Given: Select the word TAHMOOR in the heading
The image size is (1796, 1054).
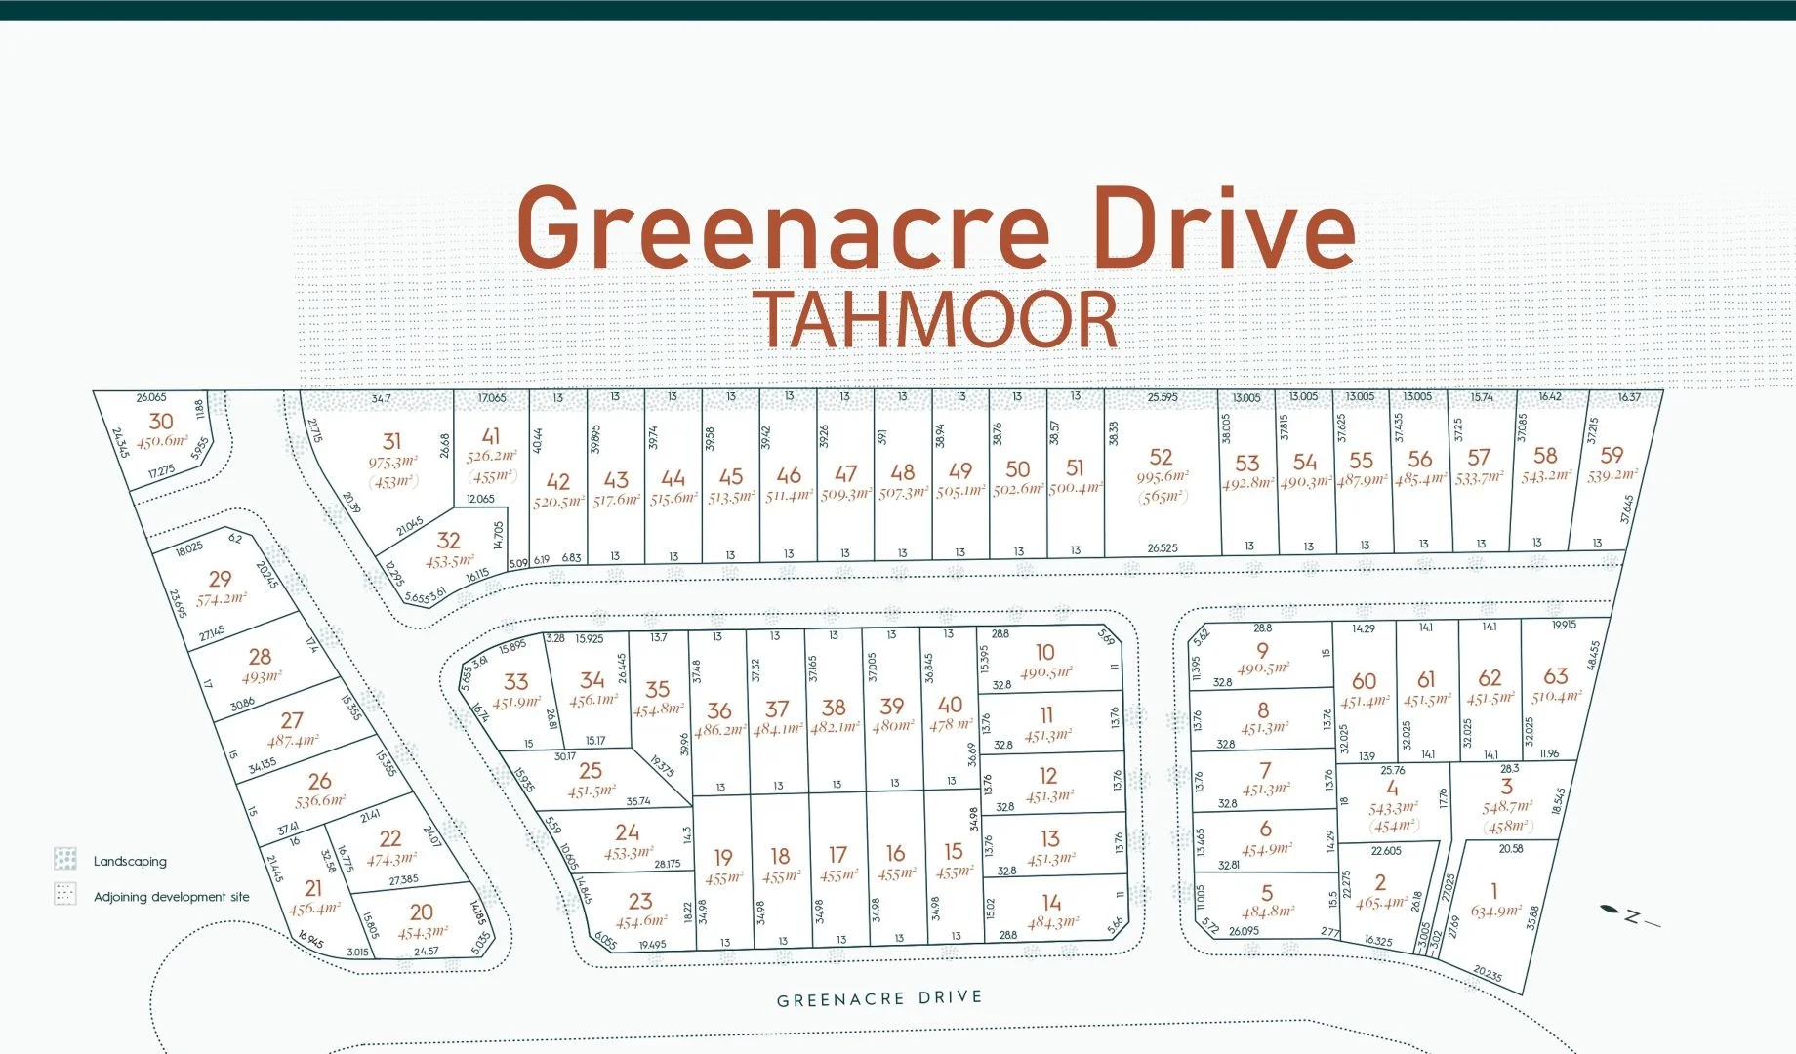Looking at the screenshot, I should (935, 320).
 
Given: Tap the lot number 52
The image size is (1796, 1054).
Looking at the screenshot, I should (1161, 457).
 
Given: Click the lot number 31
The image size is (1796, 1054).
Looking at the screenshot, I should (391, 441).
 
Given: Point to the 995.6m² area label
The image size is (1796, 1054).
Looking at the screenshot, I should (1162, 477).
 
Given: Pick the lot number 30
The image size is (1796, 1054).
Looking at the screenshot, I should (161, 421).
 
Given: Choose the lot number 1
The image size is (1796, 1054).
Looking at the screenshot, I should (1493, 890).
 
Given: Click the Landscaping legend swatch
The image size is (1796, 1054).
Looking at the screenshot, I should (65, 859).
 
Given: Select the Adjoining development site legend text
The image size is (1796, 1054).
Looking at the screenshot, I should (171, 897).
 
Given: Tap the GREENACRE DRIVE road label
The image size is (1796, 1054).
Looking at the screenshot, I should (878, 998).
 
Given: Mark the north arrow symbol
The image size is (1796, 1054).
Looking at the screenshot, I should (1628, 915).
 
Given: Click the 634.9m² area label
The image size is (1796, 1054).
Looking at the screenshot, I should (1495, 912).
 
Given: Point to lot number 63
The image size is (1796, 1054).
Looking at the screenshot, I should (1556, 675).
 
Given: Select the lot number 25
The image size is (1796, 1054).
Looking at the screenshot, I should (591, 770).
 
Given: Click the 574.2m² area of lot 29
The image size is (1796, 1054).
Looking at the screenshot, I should (222, 599).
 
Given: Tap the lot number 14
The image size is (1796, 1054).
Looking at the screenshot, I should (1051, 902).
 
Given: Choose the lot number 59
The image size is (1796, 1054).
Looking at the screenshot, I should (1612, 455).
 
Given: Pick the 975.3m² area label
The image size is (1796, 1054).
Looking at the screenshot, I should (392, 462).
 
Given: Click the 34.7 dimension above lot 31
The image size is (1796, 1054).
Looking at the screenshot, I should (381, 398).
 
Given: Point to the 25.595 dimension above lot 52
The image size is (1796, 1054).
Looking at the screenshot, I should (1162, 397).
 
